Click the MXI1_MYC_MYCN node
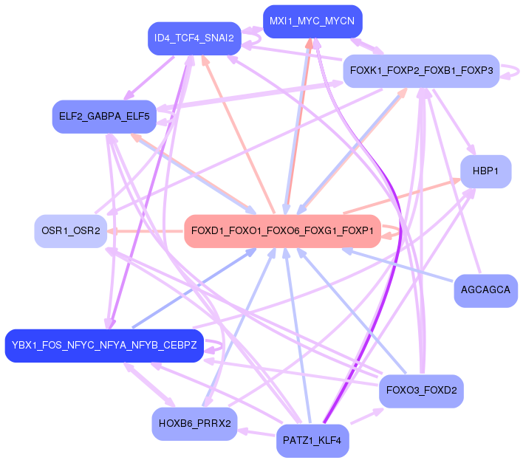click(x=312, y=21)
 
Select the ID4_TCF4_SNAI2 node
click(x=194, y=38)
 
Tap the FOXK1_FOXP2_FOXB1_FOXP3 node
click(x=421, y=71)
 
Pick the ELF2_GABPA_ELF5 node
click(x=104, y=117)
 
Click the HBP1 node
click(x=486, y=171)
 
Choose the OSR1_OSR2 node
click(x=71, y=231)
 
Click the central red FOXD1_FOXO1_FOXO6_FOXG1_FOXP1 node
click(x=281, y=232)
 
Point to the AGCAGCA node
click(x=485, y=290)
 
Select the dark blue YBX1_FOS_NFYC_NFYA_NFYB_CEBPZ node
click(x=104, y=346)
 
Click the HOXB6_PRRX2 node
click(x=194, y=424)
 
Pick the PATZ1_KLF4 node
click(x=312, y=442)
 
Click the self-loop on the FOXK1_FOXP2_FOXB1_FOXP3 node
click(x=514, y=71)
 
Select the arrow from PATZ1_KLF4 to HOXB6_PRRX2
click(x=256, y=433)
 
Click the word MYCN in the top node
click(x=340, y=21)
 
